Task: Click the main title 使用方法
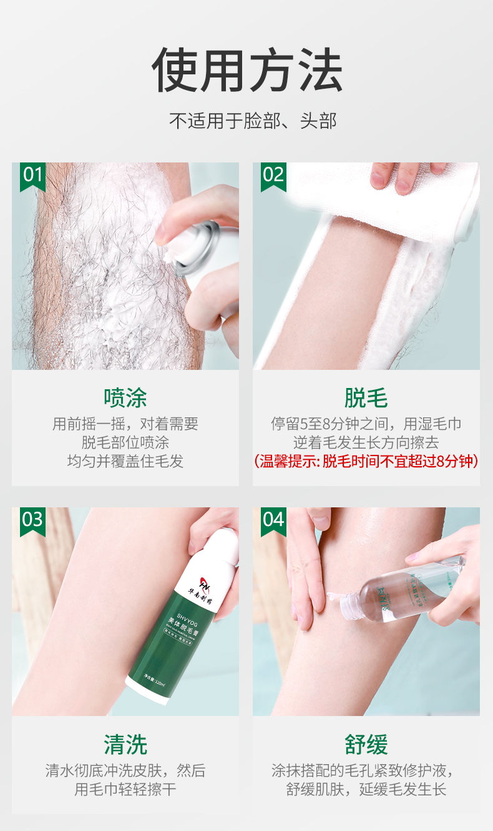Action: pyautogui.click(x=246, y=70)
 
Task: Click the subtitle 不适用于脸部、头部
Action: pyautogui.click(x=253, y=121)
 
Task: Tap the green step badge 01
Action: pyautogui.click(x=32, y=176)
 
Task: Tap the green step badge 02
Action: pyautogui.click(x=273, y=176)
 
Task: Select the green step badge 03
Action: pyautogui.click(x=32, y=520)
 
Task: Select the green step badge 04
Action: pyautogui.click(x=273, y=520)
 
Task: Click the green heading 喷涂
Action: pyautogui.click(x=125, y=398)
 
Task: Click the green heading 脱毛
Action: pyautogui.click(x=366, y=398)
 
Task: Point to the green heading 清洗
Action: pyautogui.click(x=125, y=745)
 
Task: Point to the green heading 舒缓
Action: pyautogui.click(x=366, y=745)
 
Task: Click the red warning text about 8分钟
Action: pyautogui.click(x=366, y=462)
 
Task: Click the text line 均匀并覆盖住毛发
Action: pyautogui.click(x=125, y=462)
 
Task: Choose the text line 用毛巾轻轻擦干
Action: pyautogui.click(x=125, y=789)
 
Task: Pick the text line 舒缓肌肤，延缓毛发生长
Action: pyautogui.click(x=366, y=789)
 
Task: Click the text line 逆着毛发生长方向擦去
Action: pyautogui.click(x=366, y=443)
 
